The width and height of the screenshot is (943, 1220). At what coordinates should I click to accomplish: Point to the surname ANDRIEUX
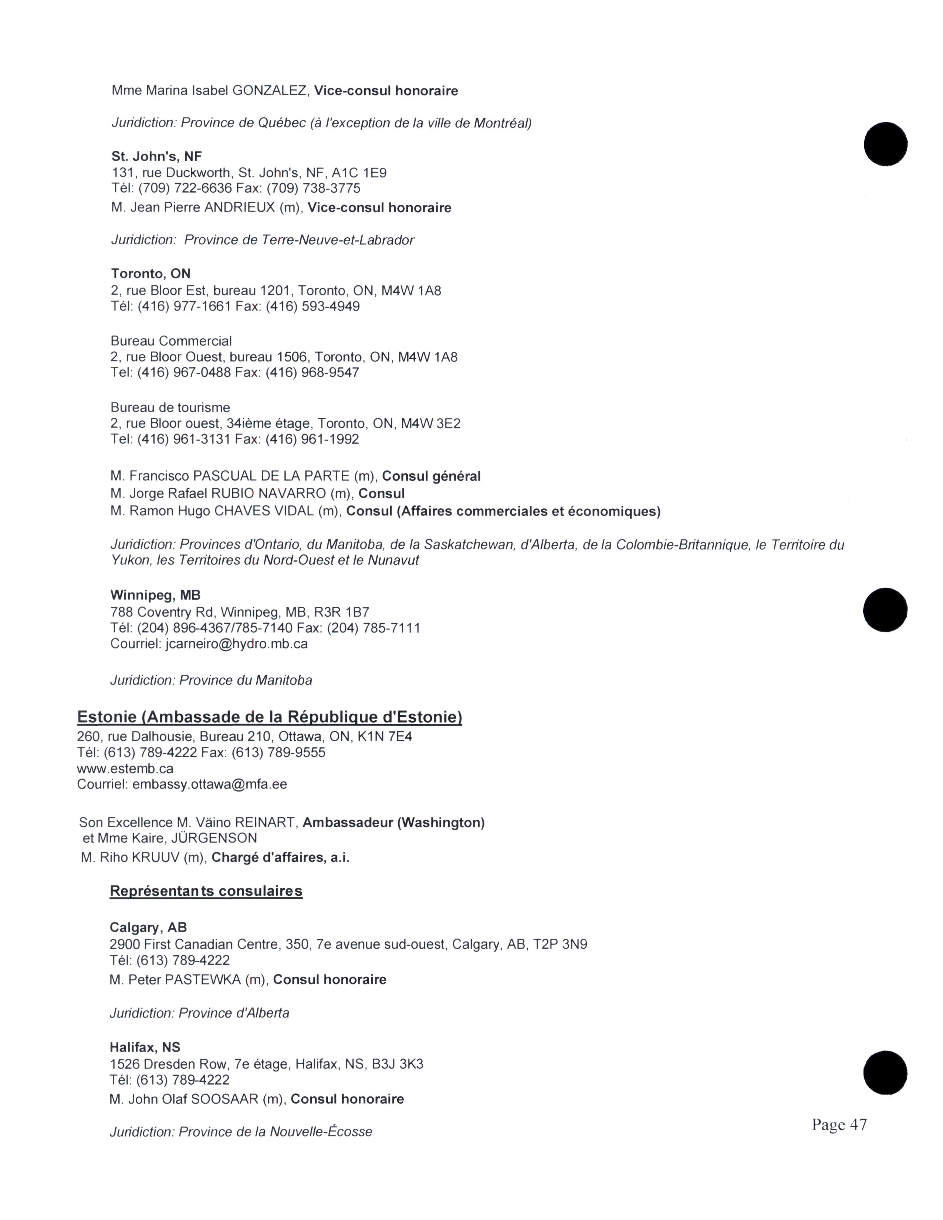tap(240, 208)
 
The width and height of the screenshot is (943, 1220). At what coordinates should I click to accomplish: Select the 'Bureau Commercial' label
tap(171, 341)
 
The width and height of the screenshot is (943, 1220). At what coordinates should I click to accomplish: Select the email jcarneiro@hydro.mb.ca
tap(236, 644)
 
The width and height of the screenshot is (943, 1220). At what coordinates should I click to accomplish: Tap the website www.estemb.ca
tap(125, 768)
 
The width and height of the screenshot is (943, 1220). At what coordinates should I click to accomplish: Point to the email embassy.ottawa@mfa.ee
tap(209, 784)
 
